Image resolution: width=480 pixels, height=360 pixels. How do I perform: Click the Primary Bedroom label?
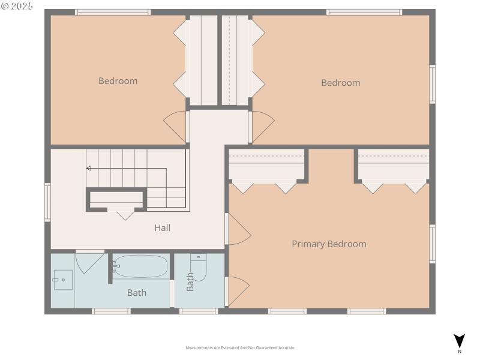(x=329, y=244)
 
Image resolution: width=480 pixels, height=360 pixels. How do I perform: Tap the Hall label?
(x=162, y=228)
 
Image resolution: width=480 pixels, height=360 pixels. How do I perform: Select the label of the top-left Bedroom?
(x=118, y=81)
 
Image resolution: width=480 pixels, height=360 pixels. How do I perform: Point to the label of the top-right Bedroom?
(x=340, y=83)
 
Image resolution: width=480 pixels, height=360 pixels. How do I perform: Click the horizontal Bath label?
(x=136, y=293)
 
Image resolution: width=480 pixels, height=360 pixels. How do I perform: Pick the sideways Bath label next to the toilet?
(x=190, y=282)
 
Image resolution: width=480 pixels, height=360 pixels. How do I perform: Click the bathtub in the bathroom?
(x=140, y=266)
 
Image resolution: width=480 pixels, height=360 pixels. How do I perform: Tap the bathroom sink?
(x=62, y=280)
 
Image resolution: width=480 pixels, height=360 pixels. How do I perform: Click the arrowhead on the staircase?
(x=89, y=169)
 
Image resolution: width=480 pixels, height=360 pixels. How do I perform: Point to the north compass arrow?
(x=459, y=341)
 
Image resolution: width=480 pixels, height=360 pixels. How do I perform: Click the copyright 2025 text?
(x=17, y=5)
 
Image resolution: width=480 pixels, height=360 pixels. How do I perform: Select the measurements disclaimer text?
(x=240, y=348)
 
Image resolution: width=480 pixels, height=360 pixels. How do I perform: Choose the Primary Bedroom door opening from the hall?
(x=238, y=229)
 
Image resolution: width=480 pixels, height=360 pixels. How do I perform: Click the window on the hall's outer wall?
(x=47, y=202)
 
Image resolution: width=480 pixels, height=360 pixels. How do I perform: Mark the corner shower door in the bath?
(x=89, y=262)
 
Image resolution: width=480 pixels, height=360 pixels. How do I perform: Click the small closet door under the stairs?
(x=125, y=213)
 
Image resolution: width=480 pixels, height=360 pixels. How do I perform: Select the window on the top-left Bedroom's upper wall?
(x=112, y=12)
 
